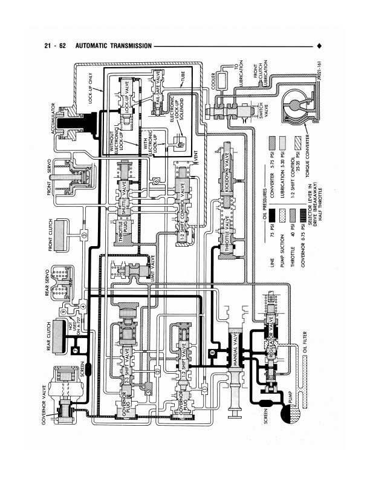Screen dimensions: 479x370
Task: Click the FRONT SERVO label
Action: point(51,178)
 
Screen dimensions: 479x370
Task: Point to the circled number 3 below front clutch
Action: point(82,233)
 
